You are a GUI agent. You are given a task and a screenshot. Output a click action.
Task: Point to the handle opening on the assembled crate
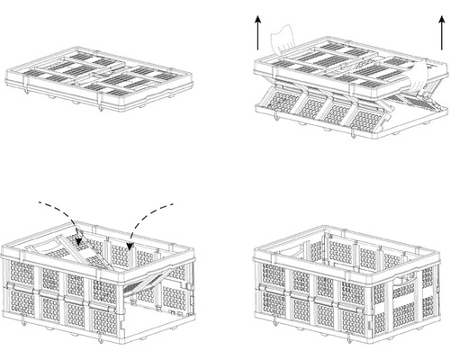click(406, 280)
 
